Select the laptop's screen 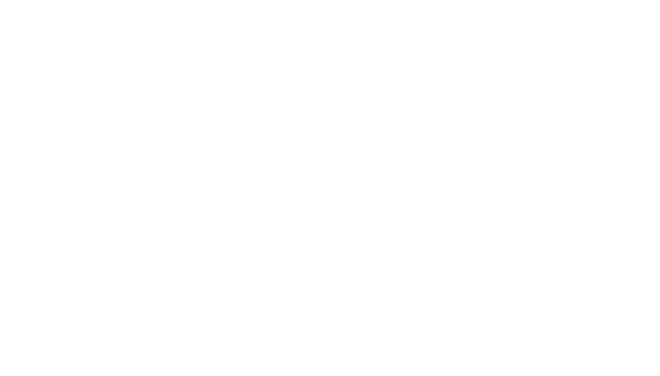tap(459, 67)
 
